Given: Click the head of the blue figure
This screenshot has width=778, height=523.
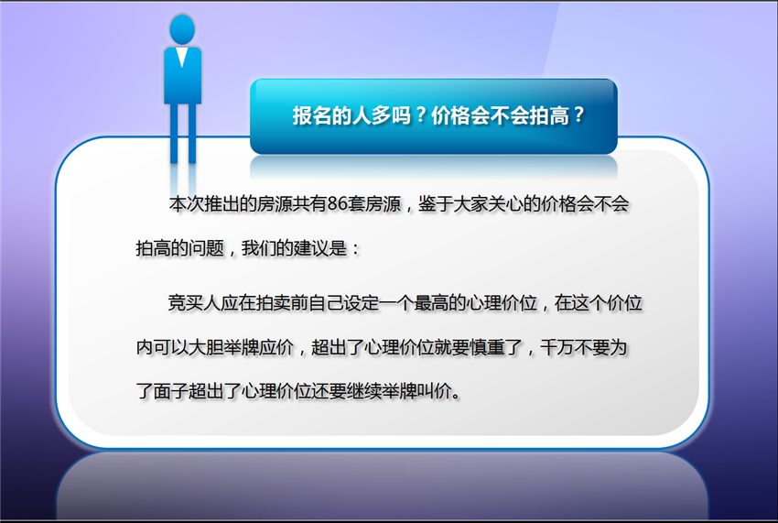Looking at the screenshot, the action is pyautogui.click(x=182, y=29).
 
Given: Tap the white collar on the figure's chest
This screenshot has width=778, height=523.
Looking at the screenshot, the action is pyautogui.click(x=182, y=57).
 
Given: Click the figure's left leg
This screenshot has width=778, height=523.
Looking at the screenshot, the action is pyautogui.click(x=174, y=133).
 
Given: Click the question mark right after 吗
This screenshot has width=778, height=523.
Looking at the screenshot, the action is pyautogui.click(x=421, y=115).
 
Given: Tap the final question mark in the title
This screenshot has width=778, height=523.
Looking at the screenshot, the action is pyautogui.click(x=578, y=115).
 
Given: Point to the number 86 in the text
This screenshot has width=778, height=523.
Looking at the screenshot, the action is pyautogui.click(x=338, y=203).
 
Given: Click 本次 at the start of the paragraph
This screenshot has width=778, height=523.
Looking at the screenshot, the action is pyautogui.click(x=186, y=203).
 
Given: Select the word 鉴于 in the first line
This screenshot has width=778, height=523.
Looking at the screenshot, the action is pyautogui.click(x=436, y=203).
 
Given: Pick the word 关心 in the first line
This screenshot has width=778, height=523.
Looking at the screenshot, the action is pyautogui.click(x=505, y=203).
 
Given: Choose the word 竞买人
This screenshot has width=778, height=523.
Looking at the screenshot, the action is pyautogui.click(x=194, y=302).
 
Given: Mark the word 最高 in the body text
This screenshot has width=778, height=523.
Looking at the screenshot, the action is pyautogui.click(x=431, y=302).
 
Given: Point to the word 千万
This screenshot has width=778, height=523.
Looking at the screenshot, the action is pyautogui.click(x=557, y=346).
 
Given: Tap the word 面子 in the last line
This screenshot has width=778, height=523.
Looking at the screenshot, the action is pyautogui.click(x=170, y=391).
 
